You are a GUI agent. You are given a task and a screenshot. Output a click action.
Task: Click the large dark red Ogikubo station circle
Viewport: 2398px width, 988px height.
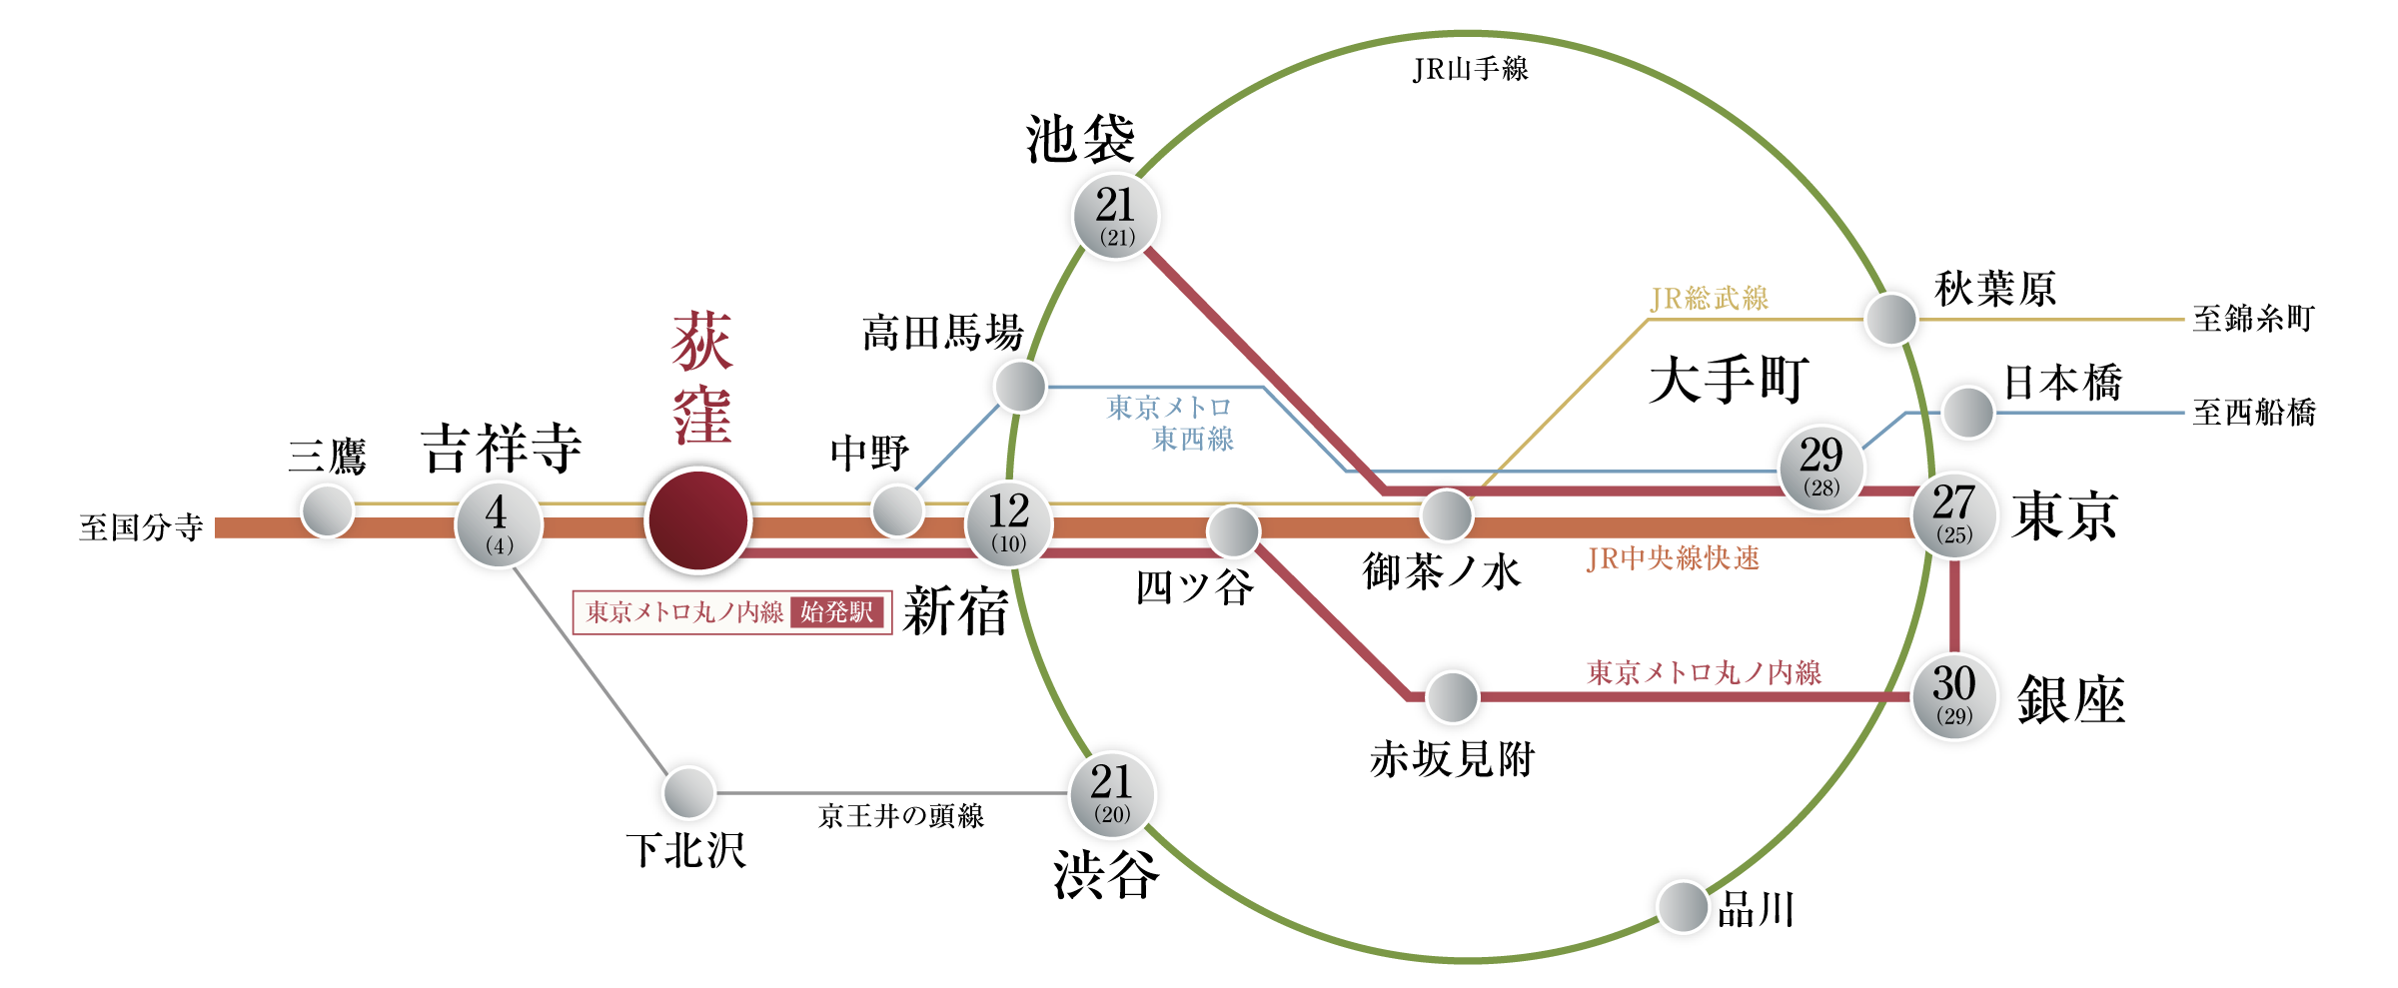(x=697, y=519)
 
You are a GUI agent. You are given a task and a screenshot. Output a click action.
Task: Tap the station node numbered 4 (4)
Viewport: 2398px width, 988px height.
(x=499, y=524)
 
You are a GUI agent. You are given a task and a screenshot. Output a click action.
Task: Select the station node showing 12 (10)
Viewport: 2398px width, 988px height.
(x=1009, y=523)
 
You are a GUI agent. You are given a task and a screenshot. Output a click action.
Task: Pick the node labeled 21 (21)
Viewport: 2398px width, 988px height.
(x=1115, y=216)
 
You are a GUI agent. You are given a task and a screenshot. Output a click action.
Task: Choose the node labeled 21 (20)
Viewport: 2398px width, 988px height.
(x=1112, y=794)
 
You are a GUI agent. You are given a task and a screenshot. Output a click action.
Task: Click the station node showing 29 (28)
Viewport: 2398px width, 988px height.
(x=1821, y=468)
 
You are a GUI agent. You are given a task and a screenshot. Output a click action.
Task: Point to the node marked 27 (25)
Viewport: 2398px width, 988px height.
(x=1954, y=514)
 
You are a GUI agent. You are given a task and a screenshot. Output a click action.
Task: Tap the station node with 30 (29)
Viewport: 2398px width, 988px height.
(x=1954, y=696)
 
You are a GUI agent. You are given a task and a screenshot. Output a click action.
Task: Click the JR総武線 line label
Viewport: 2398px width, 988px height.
(x=1709, y=298)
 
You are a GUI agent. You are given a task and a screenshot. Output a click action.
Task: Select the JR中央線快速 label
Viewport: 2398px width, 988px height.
(x=1673, y=558)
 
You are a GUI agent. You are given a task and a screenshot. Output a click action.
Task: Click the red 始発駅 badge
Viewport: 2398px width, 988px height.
(x=837, y=612)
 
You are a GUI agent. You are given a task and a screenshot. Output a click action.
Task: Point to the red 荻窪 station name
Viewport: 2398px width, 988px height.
(x=701, y=378)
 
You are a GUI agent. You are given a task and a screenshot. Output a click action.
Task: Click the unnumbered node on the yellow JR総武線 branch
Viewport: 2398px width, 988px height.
(x=1890, y=320)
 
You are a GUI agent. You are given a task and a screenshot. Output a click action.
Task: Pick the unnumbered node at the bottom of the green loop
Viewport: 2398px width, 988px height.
(x=1683, y=907)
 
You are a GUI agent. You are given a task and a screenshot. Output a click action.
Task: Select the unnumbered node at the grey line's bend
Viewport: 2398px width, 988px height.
(x=689, y=793)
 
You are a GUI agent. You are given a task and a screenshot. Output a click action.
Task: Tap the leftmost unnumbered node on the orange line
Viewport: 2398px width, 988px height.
(x=328, y=510)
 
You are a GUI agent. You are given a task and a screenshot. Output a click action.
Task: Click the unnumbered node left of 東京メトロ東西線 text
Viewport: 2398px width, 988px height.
(x=1020, y=387)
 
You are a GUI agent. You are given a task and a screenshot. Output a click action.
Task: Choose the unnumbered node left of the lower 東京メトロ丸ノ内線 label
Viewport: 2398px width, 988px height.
(x=1452, y=697)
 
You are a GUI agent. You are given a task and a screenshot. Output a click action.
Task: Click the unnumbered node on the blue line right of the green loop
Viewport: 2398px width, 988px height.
(x=1967, y=413)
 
